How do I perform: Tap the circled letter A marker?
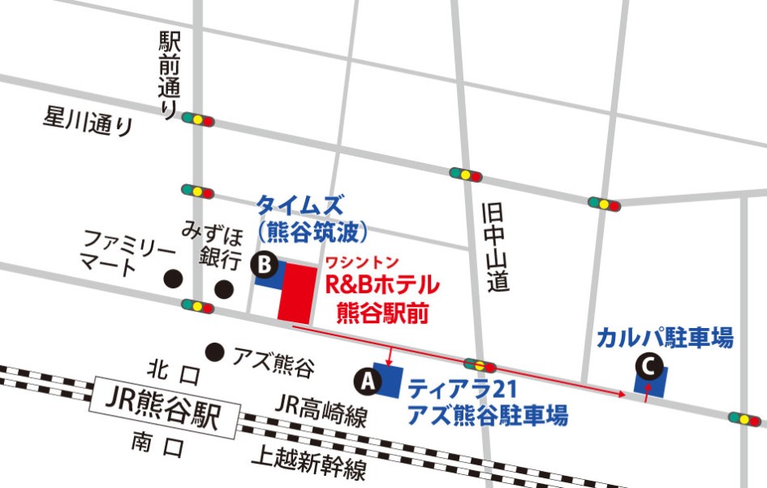point(368,378)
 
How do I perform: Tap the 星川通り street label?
point(87,121)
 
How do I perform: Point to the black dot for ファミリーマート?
point(171,279)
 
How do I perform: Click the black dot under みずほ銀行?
point(223,288)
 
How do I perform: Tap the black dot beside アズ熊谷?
point(214,352)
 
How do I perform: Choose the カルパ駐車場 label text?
point(664,336)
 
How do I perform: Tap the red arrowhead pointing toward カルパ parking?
point(621,394)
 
